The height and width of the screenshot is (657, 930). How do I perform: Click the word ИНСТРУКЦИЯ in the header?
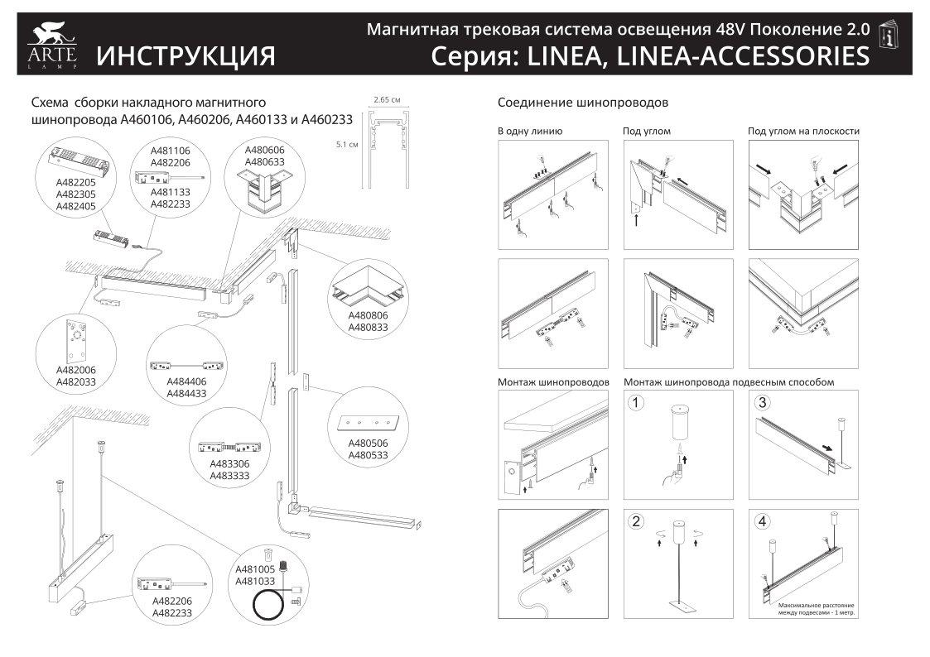tap(186, 55)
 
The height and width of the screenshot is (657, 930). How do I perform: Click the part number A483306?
tap(229, 463)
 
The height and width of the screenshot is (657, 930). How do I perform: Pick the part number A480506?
tap(368, 443)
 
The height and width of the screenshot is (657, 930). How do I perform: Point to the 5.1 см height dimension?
tap(347, 144)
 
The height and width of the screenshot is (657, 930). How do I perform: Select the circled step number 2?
tap(636, 521)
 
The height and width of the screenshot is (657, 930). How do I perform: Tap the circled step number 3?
tap(763, 403)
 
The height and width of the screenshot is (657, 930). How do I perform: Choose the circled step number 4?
tap(763, 521)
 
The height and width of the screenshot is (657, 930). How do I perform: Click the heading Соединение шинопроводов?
tap(583, 103)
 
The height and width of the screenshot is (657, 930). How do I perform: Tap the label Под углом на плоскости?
tap(803, 131)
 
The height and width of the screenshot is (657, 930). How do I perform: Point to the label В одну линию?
tap(530, 131)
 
